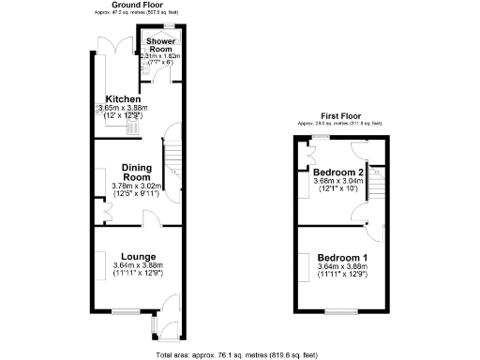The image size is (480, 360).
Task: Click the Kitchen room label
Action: point(123,99)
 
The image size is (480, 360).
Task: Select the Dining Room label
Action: point(137,172)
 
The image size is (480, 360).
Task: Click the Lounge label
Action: point(137,256)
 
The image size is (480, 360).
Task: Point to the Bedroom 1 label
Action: point(342,257)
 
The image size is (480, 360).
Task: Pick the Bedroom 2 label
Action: point(337,173)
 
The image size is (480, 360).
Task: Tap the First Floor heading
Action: point(339,117)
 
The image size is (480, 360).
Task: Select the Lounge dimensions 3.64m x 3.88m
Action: point(137,265)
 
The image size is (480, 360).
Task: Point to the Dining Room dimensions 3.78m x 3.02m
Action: point(137,187)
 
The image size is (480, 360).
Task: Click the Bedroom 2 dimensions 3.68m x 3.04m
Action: point(337,183)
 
